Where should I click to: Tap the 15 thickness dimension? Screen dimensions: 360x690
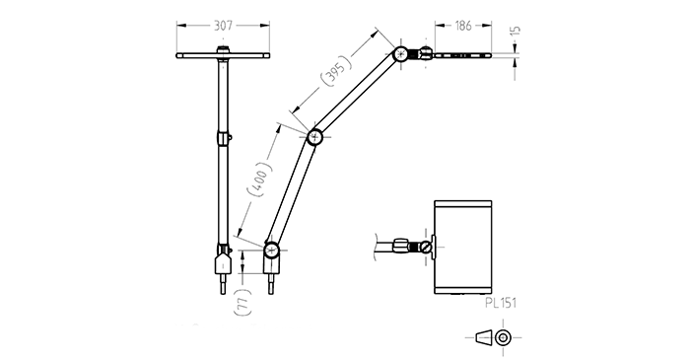tap(514, 31)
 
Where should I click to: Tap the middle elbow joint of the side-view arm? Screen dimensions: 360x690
tap(314, 137)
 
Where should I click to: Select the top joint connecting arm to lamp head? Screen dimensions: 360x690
tap(402, 55)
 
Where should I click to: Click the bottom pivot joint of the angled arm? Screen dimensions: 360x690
tap(271, 250)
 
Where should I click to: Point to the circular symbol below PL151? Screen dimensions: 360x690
tap(504, 338)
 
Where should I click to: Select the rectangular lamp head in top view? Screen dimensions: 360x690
tap(462, 247)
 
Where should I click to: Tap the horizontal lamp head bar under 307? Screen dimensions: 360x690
tap(224, 58)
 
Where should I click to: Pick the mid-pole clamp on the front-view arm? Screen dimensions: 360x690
tap(225, 138)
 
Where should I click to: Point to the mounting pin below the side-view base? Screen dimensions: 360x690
tap(272, 284)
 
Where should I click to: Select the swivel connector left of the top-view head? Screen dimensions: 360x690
tap(405, 245)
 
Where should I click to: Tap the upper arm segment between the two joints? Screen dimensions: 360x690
tap(358, 97)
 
